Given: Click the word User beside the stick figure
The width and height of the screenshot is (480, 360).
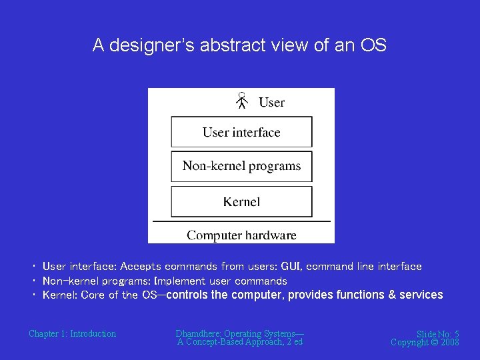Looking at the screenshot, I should [x=271, y=102].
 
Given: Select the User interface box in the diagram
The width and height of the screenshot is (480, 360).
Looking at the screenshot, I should [x=241, y=132].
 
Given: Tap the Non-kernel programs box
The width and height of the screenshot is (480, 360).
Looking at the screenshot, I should [x=241, y=166].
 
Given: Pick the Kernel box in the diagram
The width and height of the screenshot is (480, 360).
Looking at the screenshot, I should [x=241, y=201].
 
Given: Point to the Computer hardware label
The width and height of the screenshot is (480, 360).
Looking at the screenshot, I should [x=241, y=235].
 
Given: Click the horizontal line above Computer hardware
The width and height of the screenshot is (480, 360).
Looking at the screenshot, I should [x=241, y=221].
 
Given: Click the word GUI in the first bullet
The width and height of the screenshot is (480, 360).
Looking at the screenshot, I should [x=291, y=267].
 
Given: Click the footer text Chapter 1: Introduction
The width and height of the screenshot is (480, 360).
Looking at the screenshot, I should [x=72, y=333].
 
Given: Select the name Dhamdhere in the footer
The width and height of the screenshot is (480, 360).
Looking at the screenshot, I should [x=198, y=333].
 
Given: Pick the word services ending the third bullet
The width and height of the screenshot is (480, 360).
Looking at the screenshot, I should [x=421, y=295].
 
